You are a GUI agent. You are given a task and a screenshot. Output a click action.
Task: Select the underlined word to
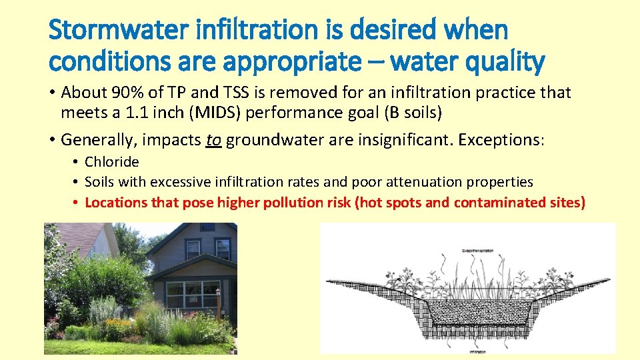pyautogui.click(x=213, y=140)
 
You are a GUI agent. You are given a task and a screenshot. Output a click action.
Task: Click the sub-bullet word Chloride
pyautogui.click(x=112, y=162)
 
